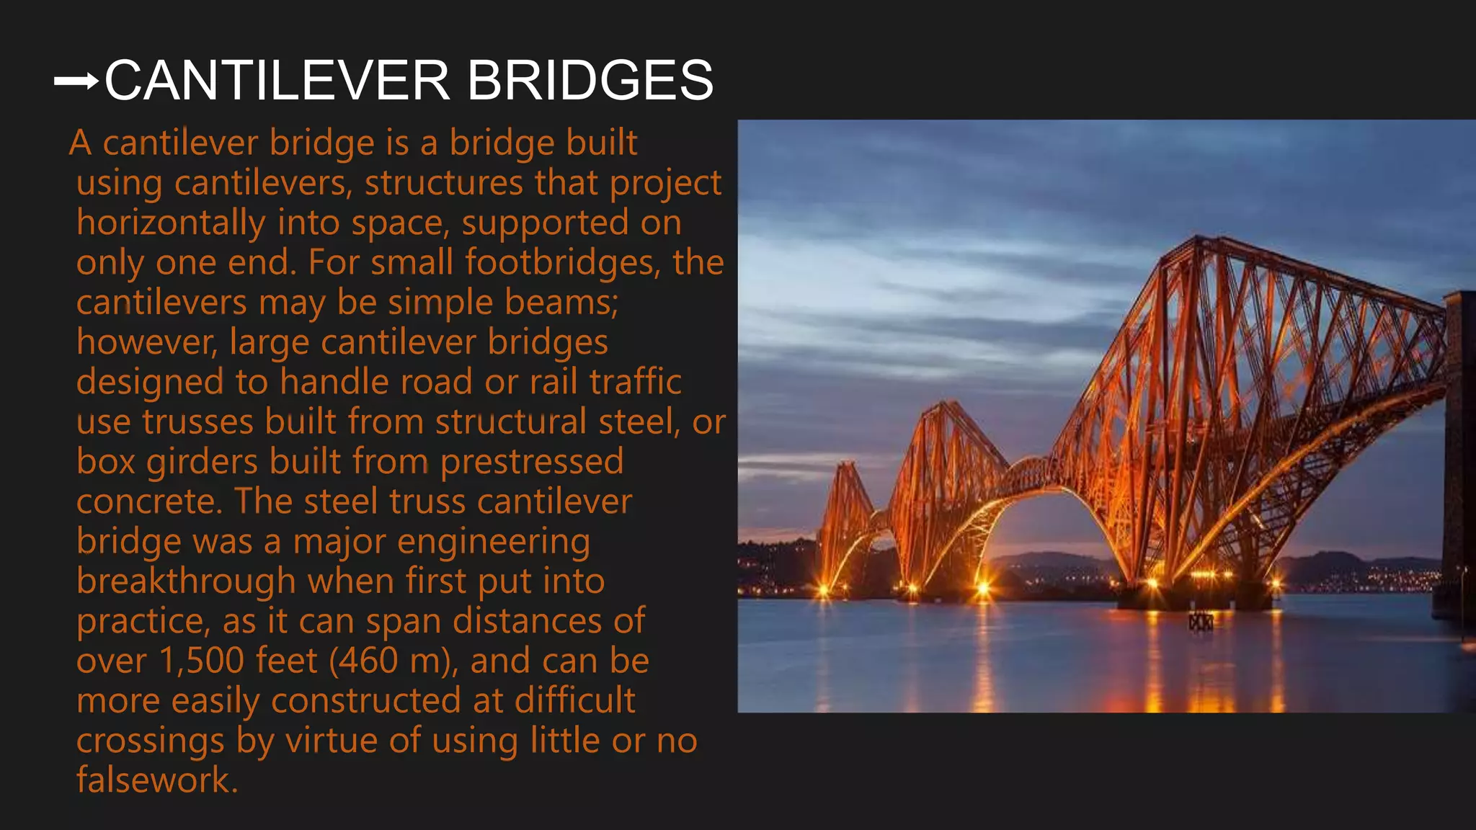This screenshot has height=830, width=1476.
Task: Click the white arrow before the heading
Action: (76, 81)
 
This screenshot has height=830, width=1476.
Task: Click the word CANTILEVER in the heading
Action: (277, 80)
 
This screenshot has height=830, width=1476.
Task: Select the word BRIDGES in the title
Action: (590, 80)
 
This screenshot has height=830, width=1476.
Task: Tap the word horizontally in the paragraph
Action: (171, 223)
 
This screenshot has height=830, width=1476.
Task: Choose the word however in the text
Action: (147, 342)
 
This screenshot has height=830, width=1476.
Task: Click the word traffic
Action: (635, 382)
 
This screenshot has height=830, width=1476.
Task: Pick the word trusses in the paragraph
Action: (197, 422)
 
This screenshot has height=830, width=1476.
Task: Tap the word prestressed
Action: (532, 462)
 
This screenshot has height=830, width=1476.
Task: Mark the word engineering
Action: (494, 542)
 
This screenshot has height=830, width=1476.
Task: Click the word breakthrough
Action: (186, 581)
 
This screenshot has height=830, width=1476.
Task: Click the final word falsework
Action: (157, 780)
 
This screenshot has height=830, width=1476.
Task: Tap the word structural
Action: (511, 422)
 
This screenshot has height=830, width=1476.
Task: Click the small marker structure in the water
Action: (1200, 621)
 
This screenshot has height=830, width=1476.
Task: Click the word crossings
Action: (151, 741)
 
